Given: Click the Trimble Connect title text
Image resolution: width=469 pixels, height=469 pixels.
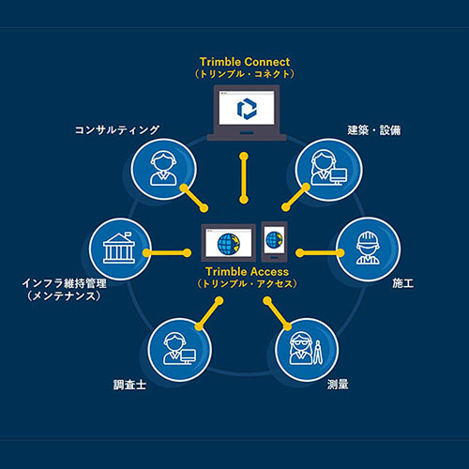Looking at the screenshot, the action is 245,62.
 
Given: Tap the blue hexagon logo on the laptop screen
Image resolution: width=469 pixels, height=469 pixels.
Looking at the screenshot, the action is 247,109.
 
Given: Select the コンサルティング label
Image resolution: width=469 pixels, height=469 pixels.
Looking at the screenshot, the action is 117,129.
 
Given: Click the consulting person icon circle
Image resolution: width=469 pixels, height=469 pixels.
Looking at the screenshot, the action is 163,169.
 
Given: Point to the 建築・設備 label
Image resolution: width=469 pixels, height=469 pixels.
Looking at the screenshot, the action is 374,130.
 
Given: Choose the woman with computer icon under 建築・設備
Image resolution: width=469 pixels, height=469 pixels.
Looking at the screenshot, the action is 328,170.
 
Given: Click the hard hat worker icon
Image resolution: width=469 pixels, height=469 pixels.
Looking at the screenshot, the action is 369,250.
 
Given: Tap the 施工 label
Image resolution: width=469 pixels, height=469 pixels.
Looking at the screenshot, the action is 403,283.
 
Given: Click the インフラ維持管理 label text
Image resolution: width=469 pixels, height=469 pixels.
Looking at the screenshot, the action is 65,283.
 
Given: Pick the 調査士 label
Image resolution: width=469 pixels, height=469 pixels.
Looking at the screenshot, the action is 129,385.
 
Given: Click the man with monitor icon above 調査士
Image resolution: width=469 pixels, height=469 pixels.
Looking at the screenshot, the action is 179,350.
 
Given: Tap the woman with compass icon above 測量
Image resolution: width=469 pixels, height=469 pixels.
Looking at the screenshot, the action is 307,350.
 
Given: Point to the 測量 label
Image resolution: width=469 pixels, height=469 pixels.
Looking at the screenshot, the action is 338,385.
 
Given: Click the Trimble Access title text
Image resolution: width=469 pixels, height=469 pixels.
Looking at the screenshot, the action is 247,271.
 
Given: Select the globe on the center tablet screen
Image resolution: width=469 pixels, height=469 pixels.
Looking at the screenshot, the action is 229,244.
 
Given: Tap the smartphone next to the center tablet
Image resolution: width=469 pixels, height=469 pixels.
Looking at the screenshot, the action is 274,241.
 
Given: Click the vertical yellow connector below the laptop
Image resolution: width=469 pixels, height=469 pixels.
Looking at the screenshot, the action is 244,178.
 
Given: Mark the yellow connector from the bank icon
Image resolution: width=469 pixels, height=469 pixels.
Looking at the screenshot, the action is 167,253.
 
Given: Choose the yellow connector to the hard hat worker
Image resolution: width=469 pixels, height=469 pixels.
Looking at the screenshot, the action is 320,253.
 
